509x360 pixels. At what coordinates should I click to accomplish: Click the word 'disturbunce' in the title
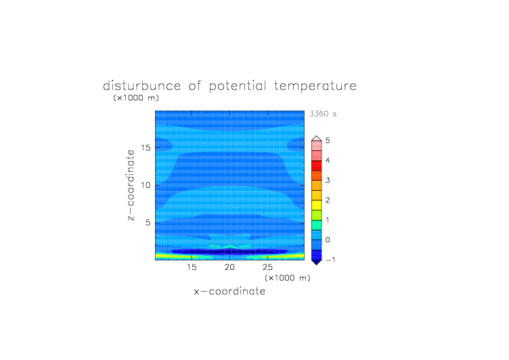point(141,86)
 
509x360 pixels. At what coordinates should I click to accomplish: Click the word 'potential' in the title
point(238,86)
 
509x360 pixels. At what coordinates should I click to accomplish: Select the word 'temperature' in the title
point(315,86)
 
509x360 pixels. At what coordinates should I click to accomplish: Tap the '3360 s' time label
point(323,114)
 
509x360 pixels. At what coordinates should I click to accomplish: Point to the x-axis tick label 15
point(192,267)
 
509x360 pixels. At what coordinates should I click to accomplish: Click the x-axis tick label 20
point(229,267)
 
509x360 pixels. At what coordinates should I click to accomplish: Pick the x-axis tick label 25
point(267,267)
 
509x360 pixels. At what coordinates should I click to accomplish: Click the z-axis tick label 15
point(146,148)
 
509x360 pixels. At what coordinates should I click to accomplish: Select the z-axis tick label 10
point(146,185)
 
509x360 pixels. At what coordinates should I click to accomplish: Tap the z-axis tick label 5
point(148,223)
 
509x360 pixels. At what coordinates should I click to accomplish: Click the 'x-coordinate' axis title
point(229,291)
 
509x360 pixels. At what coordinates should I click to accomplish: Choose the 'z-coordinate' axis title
point(131,185)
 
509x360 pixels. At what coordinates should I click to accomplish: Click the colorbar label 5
point(328,141)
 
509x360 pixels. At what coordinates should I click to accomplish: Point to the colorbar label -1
point(330,260)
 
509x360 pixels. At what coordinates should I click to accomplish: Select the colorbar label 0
point(328,240)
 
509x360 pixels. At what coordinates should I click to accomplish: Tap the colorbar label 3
point(328,180)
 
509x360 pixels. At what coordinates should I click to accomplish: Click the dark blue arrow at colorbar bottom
point(317,262)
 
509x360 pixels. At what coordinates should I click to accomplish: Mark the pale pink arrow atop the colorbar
point(317,139)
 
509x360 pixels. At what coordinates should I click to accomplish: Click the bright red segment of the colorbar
point(317,166)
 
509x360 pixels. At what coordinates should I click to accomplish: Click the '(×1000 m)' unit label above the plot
point(136,97)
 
